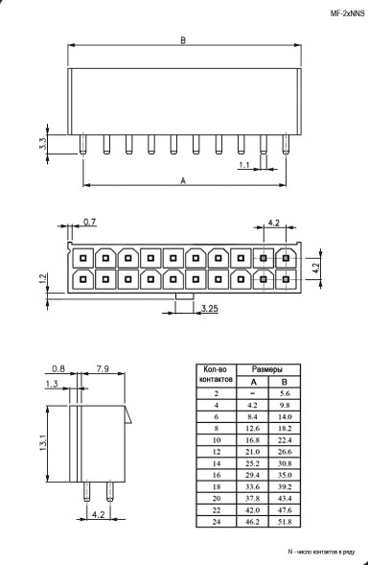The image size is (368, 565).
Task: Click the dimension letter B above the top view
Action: (x=182, y=40)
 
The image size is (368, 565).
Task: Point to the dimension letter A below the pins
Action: (x=182, y=179)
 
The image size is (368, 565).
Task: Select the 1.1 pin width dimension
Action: (x=244, y=165)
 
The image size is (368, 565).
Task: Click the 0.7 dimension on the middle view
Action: (x=90, y=223)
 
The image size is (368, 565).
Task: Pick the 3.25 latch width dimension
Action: (x=210, y=309)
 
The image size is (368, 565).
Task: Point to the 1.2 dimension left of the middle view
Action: (x=43, y=278)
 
